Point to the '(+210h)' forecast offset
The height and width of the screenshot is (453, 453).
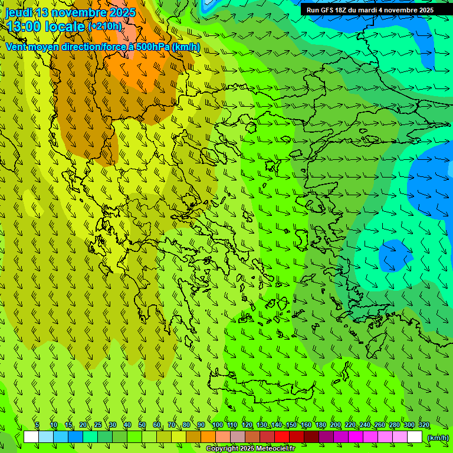tap(106, 27)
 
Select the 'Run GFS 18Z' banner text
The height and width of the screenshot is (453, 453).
tap(330, 10)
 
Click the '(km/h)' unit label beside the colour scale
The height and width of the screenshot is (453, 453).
tap(438, 437)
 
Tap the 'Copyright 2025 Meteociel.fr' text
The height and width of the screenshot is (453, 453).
tap(250, 449)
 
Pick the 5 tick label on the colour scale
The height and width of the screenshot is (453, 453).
tap(37, 425)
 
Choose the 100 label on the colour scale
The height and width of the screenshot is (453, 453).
tap(217, 425)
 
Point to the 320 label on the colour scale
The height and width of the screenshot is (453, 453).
tap(424, 425)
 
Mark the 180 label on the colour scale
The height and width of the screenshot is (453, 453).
tap(320, 425)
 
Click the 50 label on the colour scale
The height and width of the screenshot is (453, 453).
tap(142, 425)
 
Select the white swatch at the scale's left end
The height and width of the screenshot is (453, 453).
tap(31, 437)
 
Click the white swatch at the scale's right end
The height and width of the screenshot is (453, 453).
tap(415, 437)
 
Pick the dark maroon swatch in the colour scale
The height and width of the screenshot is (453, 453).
tap(311, 437)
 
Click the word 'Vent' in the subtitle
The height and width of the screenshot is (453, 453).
tap(16, 47)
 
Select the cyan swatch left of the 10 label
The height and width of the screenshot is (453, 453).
tap(46, 437)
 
